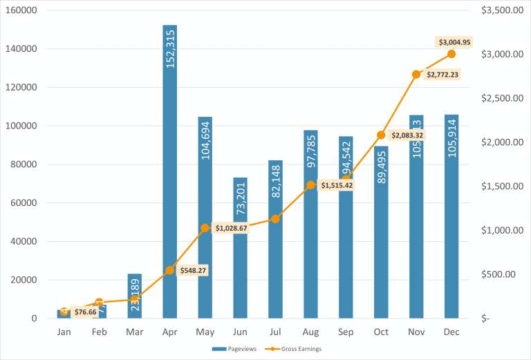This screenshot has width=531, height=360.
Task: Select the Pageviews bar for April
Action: (169, 173)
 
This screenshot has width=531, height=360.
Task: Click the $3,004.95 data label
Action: (454, 42)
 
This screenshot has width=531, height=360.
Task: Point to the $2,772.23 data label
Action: (442, 74)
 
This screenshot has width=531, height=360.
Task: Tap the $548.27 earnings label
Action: (193, 270)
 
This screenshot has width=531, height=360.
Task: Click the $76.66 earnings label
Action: (86, 312)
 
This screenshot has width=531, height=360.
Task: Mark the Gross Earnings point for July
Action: (275, 219)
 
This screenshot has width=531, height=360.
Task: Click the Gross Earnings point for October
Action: (381, 135)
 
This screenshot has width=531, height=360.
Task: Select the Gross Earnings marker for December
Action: (451, 54)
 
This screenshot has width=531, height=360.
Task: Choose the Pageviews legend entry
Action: (234, 349)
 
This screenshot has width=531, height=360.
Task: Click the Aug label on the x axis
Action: (310, 332)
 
